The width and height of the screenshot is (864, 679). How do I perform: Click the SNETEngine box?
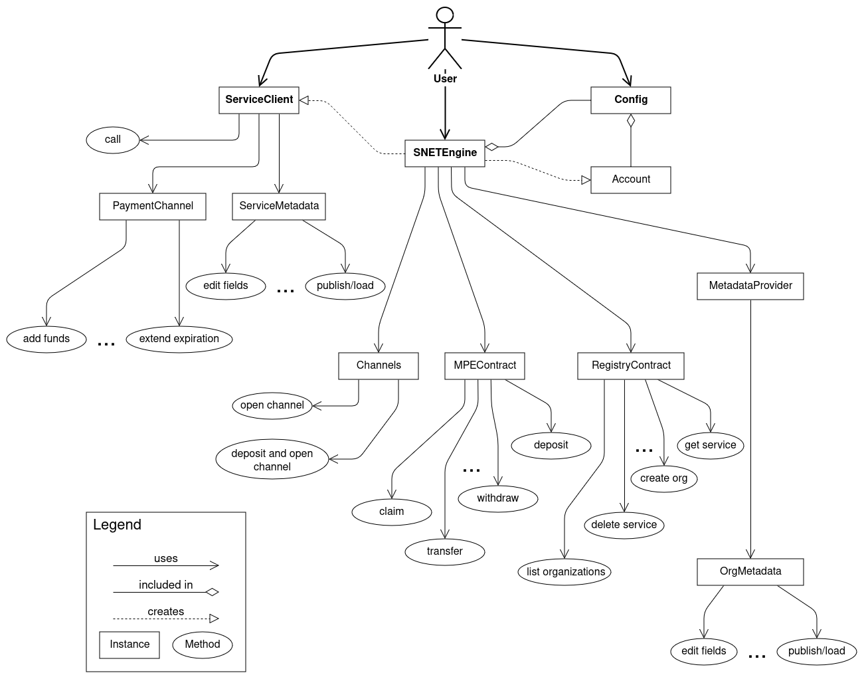[x=444, y=153]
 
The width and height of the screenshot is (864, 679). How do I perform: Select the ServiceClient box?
[x=258, y=100]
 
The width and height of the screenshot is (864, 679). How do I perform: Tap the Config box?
[x=630, y=100]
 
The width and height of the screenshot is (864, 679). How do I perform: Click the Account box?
[x=630, y=179]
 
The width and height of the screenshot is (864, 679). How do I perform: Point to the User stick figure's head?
[x=444, y=15]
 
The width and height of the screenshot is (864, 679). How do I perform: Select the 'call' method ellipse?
[x=113, y=140]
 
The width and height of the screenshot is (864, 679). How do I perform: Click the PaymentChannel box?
[x=153, y=206]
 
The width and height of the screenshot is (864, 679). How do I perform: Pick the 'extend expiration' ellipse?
[x=179, y=339]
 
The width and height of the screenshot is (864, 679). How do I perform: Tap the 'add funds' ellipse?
[x=46, y=339]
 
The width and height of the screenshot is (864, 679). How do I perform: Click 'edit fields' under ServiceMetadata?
[x=226, y=286]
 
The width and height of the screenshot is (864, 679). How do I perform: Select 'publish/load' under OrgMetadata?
[x=816, y=651]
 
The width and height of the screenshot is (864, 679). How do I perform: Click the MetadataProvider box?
[x=750, y=286]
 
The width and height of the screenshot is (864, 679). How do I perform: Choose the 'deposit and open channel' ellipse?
[x=272, y=460]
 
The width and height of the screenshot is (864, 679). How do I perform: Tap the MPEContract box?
[x=485, y=365]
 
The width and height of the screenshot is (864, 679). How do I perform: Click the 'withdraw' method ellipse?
[x=497, y=498]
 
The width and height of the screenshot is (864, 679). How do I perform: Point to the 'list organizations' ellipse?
[x=565, y=572]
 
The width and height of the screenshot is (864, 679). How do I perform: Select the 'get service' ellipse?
[x=710, y=445]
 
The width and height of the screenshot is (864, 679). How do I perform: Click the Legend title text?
[x=117, y=525]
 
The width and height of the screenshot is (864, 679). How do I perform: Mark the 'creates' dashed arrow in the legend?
[x=166, y=618]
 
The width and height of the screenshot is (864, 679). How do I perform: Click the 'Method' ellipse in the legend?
[x=203, y=644]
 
